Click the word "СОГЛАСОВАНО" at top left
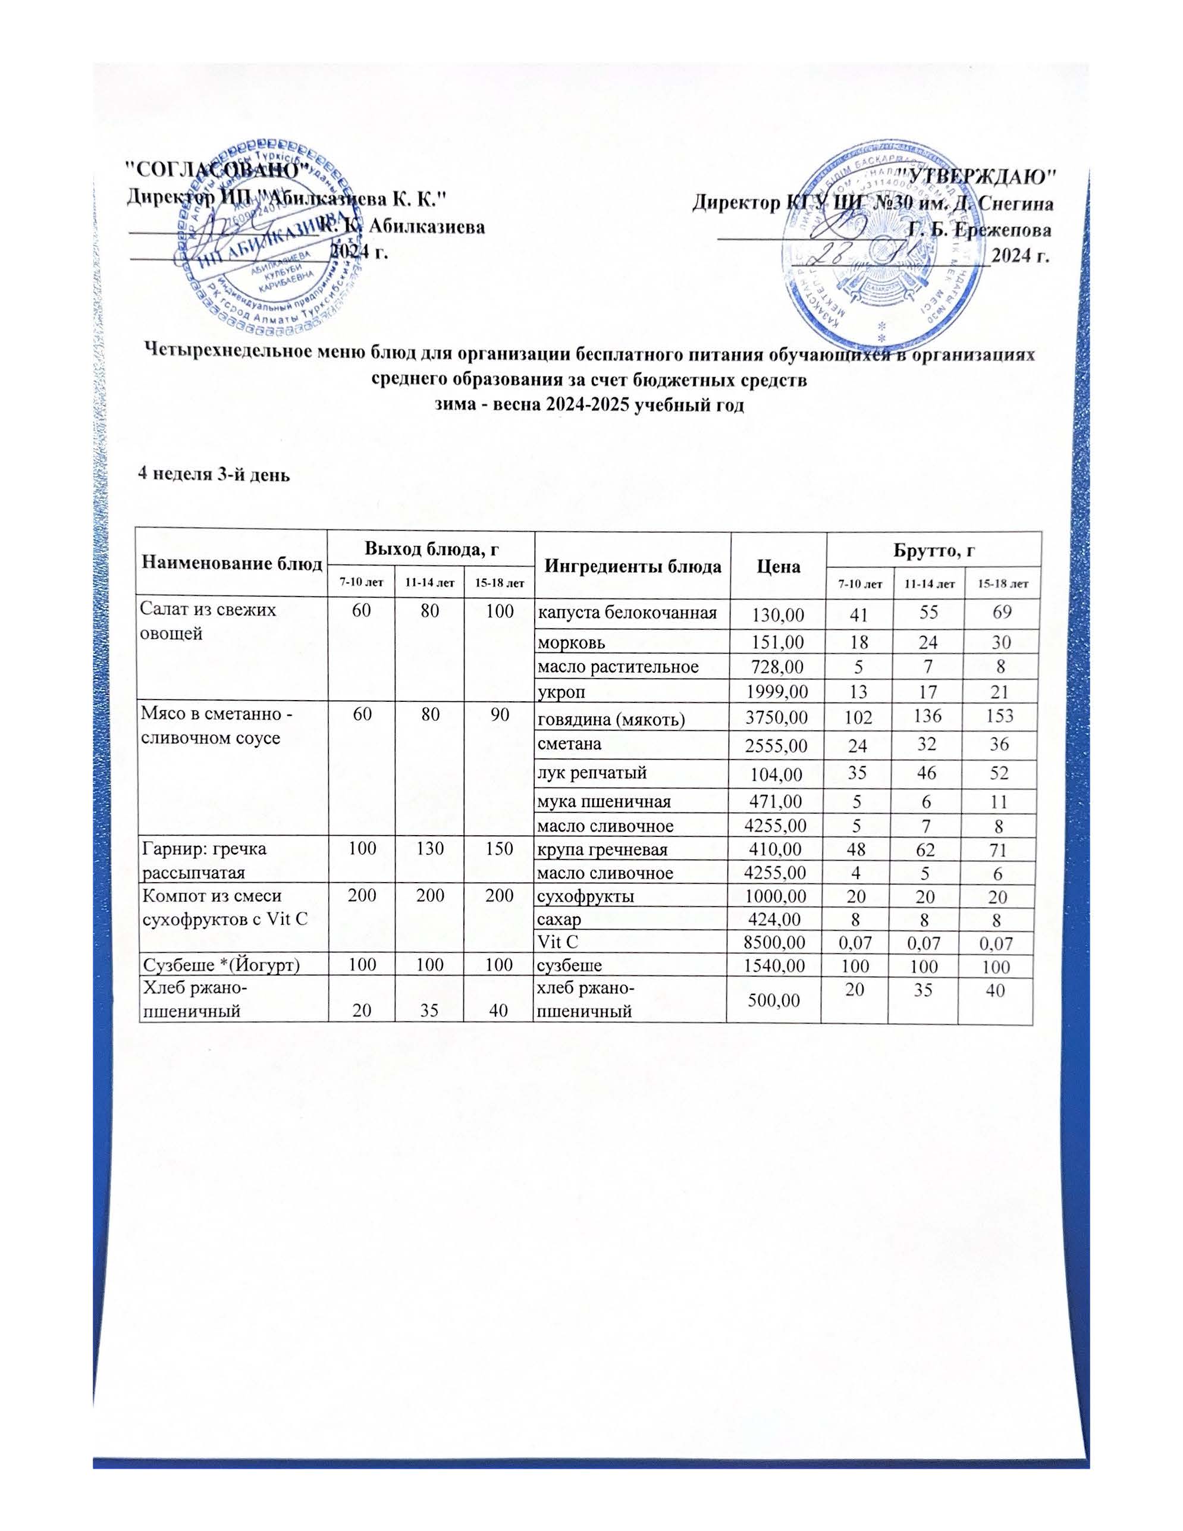click(217, 170)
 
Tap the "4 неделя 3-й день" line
click(212, 475)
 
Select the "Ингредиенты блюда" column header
click(632, 566)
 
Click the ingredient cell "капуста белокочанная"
click(627, 613)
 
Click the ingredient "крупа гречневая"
click(602, 849)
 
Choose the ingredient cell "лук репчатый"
click(591, 773)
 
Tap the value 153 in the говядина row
click(1001, 716)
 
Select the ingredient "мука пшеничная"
click(604, 801)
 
